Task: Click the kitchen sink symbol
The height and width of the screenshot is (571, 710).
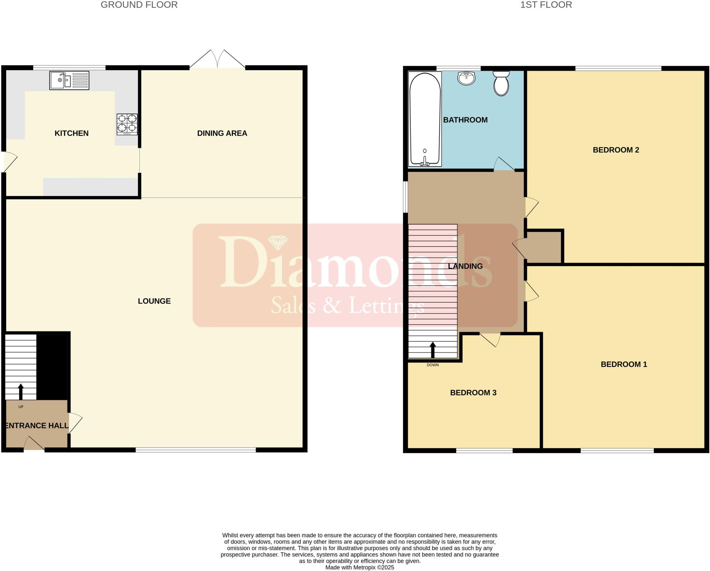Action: [69, 80]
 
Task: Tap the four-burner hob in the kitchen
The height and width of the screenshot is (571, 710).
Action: [127, 124]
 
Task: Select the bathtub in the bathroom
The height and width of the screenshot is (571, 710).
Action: [425, 119]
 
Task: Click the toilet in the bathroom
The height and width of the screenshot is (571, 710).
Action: [501, 83]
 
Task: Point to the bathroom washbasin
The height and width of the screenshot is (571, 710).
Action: [466, 78]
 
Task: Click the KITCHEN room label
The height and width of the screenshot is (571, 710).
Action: [71, 133]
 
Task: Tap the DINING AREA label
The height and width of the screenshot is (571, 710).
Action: [222, 133]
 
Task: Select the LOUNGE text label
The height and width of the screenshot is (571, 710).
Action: [154, 301]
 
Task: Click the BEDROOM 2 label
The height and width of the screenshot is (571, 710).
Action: [616, 150]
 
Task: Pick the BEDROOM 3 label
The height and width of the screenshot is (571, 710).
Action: [473, 393]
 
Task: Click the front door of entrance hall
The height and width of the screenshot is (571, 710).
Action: [34, 444]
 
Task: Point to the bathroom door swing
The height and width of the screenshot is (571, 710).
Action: [504, 164]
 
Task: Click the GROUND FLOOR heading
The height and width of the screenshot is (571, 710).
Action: [139, 5]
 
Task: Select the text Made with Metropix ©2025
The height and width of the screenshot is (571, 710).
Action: [360, 568]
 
